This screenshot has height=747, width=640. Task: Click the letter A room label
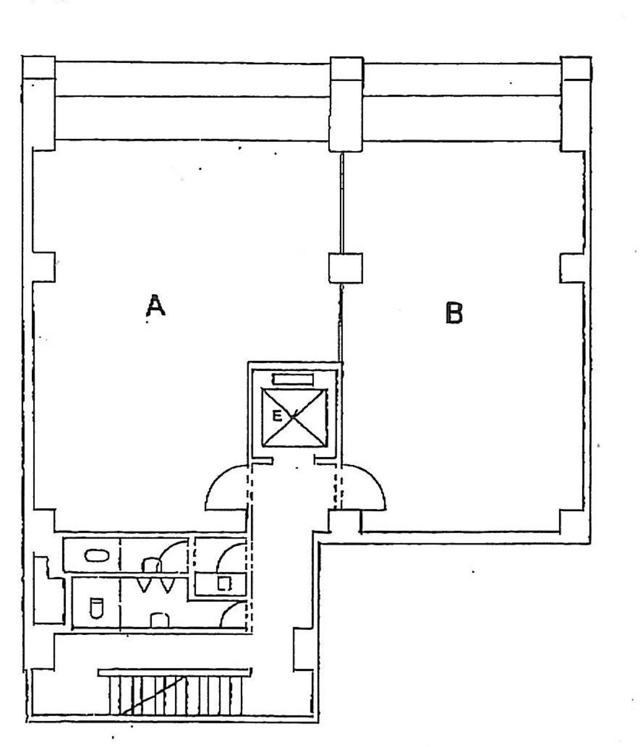155,306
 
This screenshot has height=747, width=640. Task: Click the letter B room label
454,312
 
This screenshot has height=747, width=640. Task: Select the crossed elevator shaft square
294,417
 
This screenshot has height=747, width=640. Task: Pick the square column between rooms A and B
345,268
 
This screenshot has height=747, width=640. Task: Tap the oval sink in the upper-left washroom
96,555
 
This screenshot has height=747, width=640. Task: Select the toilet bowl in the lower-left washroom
95,607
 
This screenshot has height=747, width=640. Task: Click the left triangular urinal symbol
144,585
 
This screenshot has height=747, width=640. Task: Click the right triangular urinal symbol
165,585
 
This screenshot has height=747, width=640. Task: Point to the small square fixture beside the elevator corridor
224,583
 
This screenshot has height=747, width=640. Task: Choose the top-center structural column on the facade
346,103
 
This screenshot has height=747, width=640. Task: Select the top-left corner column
39,103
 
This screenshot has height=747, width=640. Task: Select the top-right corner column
576,103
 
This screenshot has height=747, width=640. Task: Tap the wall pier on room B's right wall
571,268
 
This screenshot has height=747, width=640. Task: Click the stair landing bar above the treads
175,672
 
